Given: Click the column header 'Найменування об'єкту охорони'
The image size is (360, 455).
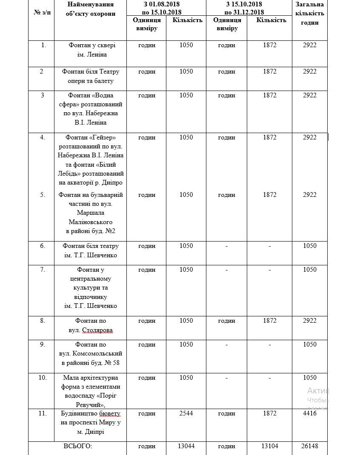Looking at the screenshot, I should (x=90, y=9).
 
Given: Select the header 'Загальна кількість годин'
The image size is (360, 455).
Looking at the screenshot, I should (x=309, y=13).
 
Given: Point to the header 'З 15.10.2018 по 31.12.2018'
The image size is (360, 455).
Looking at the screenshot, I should (x=248, y=8).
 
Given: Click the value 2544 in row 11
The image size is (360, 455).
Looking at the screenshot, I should (x=186, y=413).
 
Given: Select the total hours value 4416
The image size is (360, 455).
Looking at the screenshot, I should (x=309, y=413).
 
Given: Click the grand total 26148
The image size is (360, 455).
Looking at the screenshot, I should (x=309, y=446).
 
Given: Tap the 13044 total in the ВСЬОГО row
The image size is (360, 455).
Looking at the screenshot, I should (x=186, y=446).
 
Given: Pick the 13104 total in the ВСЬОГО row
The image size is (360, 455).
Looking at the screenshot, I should (x=269, y=446).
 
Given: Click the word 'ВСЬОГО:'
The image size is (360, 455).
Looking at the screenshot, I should (x=77, y=446).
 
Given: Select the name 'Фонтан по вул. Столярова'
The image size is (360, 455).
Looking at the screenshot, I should (x=90, y=325).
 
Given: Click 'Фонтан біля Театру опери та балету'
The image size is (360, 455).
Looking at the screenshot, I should (x=90, y=76).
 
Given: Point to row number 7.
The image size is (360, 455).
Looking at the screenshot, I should (x=42, y=270).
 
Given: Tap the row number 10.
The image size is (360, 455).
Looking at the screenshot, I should (x=42, y=378).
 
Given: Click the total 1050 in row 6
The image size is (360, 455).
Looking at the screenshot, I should (x=309, y=246).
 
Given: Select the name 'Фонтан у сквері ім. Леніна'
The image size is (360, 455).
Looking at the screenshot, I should (x=90, y=50).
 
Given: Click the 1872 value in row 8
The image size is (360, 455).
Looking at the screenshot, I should (x=269, y=321).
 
